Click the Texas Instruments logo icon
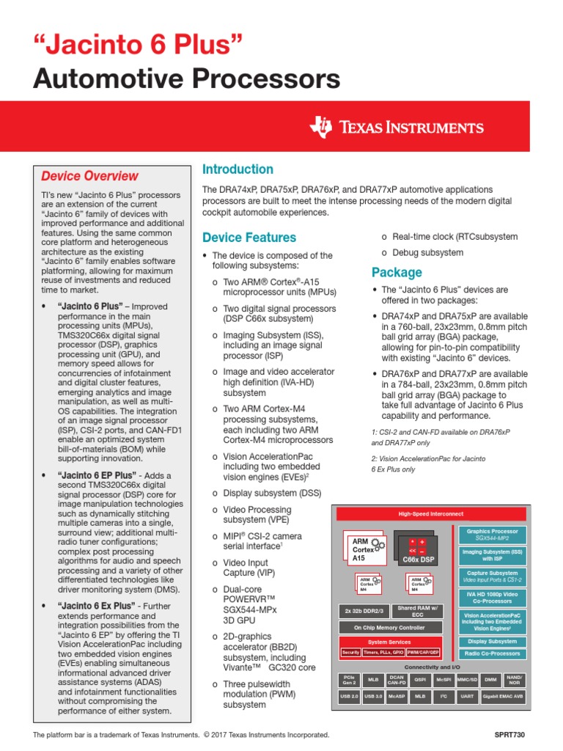coord(321,127)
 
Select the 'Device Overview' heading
coord(89,176)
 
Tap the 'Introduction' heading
coord(238,169)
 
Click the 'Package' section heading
coord(397,272)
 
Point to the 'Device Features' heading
coord(249,238)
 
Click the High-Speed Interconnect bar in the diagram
coord(430,514)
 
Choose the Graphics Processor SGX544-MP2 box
coord(492,534)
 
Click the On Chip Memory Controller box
coord(389,627)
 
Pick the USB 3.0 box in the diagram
coord(374,696)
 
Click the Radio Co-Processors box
coord(492,653)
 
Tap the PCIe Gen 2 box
coord(349,681)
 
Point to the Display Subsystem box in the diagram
coord(492,640)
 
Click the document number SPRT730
coord(510,734)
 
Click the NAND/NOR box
coord(515,681)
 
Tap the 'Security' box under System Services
coord(350,652)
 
